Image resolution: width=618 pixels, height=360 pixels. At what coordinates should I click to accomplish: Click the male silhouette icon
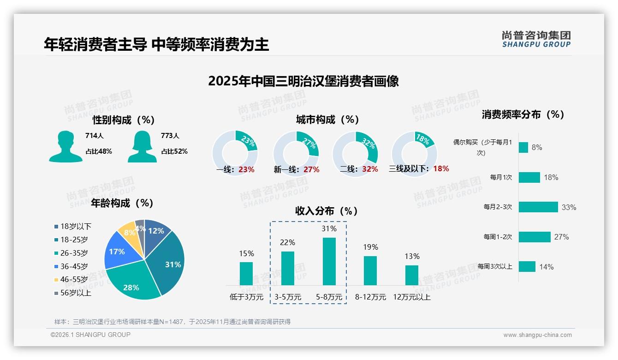(x=65, y=146)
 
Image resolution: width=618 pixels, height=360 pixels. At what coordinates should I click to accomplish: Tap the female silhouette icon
(x=142, y=146)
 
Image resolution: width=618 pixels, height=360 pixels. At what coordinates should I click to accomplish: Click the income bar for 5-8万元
(x=329, y=261)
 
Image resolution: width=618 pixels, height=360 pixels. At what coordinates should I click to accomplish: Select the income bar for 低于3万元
(x=246, y=274)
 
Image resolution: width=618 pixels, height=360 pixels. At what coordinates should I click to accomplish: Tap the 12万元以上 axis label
(x=411, y=297)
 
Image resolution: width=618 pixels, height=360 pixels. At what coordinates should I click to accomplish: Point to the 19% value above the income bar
(x=370, y=247)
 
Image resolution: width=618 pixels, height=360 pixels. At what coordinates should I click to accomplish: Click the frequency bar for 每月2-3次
(x=538, y=207)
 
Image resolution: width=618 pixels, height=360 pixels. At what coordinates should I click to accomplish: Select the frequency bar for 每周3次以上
(x=527, y=266)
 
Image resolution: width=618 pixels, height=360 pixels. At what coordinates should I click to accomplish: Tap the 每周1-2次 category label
(x=498, y=237)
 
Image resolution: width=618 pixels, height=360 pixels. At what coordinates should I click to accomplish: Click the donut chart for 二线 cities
(x=355, y=153)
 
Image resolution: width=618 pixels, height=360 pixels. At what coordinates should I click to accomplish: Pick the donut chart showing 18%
(x=414, y=153)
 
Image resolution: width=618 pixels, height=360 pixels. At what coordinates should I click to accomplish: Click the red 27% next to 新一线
(x=311, y=169)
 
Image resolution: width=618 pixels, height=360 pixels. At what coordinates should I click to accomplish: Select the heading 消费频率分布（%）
(x=523, y=114)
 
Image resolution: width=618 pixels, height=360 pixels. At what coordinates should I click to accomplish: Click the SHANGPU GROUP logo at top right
(x=536, y=39)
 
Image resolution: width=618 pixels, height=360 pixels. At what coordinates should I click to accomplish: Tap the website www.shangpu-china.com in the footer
(x=537, y=335)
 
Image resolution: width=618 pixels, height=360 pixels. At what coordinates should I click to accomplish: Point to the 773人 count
(x=170, y=136)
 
